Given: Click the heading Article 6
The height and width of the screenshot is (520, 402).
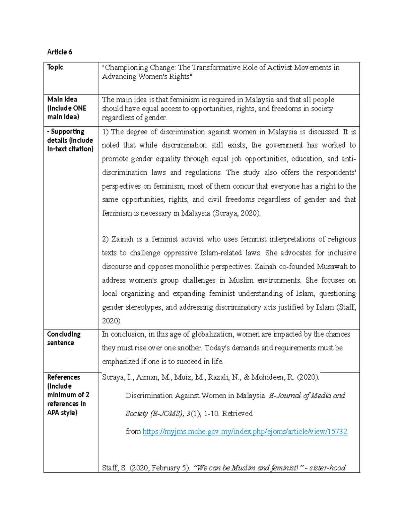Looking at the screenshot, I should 59,52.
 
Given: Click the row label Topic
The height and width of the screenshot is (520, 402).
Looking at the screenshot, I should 55,67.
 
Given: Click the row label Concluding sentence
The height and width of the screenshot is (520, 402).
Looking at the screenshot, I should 64,338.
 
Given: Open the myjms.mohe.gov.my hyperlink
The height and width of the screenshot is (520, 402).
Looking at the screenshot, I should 245,432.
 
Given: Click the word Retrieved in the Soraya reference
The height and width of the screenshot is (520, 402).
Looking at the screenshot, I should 237,414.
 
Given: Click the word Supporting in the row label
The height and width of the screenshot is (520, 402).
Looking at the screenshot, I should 67,132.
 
